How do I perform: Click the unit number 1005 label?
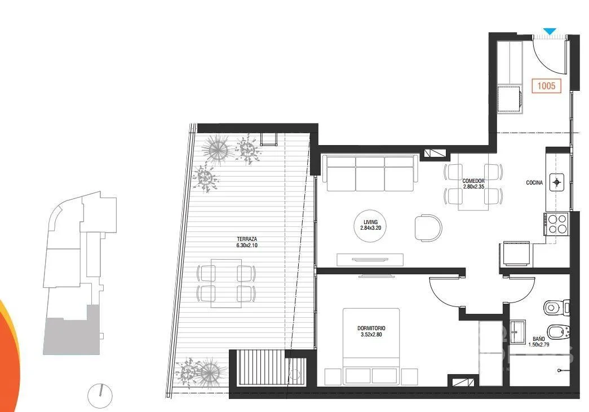point(546,86)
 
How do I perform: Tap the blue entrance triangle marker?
point(550,32)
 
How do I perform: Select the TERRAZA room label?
point(247,239)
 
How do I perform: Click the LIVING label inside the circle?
point(370,222)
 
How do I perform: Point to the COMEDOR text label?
point(473,181)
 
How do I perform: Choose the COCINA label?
point(534,182)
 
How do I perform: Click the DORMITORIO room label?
point(371,328)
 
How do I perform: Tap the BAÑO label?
point(539,339)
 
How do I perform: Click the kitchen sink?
point(557,182)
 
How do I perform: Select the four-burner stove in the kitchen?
point(556,224)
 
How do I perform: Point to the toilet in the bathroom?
point(556,308)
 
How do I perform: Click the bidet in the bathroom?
point(558,332)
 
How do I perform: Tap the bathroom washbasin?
point(517,332)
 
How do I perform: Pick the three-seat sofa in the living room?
point(370,173)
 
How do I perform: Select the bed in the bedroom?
point(371,347)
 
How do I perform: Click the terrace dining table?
point(226,283)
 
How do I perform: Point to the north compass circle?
point(100,396)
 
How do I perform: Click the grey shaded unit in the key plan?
point(72,335)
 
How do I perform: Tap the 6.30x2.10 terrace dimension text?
point(247,246)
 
